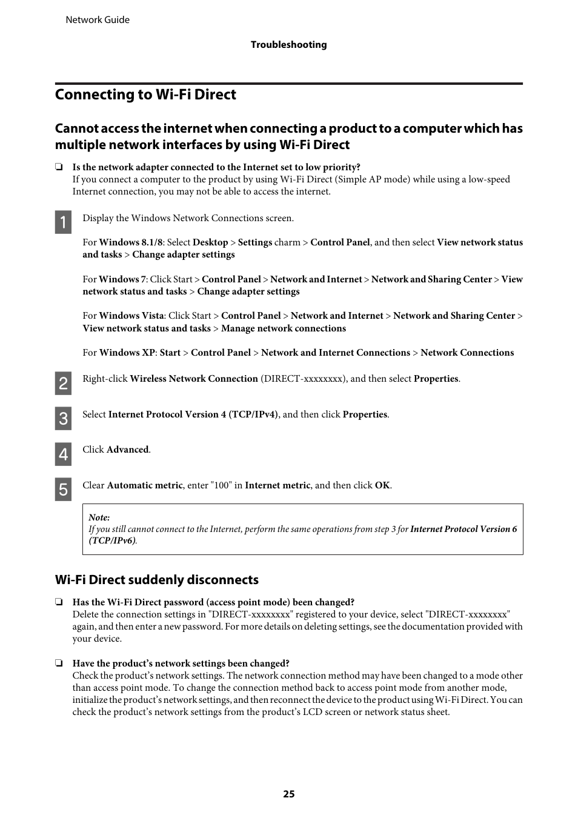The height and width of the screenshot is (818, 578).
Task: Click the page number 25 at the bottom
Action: pos(288,794)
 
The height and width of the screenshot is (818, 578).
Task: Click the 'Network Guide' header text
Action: pos(98,20)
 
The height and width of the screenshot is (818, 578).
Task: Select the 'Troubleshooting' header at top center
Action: pos(288,45)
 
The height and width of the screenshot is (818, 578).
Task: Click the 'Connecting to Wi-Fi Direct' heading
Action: pos(145,95)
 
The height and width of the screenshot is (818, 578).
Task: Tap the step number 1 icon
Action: pos(63,222)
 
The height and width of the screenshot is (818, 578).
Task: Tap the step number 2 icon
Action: pos(63,383)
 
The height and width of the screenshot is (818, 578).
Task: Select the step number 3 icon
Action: pos(63,419)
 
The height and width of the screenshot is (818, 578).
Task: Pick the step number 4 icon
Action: pos(63,454)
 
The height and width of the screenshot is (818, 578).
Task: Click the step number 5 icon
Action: pos(63,490)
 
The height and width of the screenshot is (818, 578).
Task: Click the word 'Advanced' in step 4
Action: pos(127,450)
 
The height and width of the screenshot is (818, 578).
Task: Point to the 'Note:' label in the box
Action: pos(99,517)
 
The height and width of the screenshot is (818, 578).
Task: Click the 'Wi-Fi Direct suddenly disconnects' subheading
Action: pos(157,580)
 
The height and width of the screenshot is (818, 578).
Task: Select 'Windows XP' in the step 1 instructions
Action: pos(127,353)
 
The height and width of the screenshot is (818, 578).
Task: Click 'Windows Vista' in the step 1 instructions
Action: pos(131,316)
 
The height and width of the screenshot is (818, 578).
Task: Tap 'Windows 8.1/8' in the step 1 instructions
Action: pos(131,242)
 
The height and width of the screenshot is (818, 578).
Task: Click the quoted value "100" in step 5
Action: pos(221,485)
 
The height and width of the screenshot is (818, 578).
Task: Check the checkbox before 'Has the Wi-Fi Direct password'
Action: pos(59,602)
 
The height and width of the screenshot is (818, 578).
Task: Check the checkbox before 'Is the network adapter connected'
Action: pos(59,167)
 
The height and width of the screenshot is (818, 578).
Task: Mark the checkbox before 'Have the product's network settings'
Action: pos(59,663)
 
